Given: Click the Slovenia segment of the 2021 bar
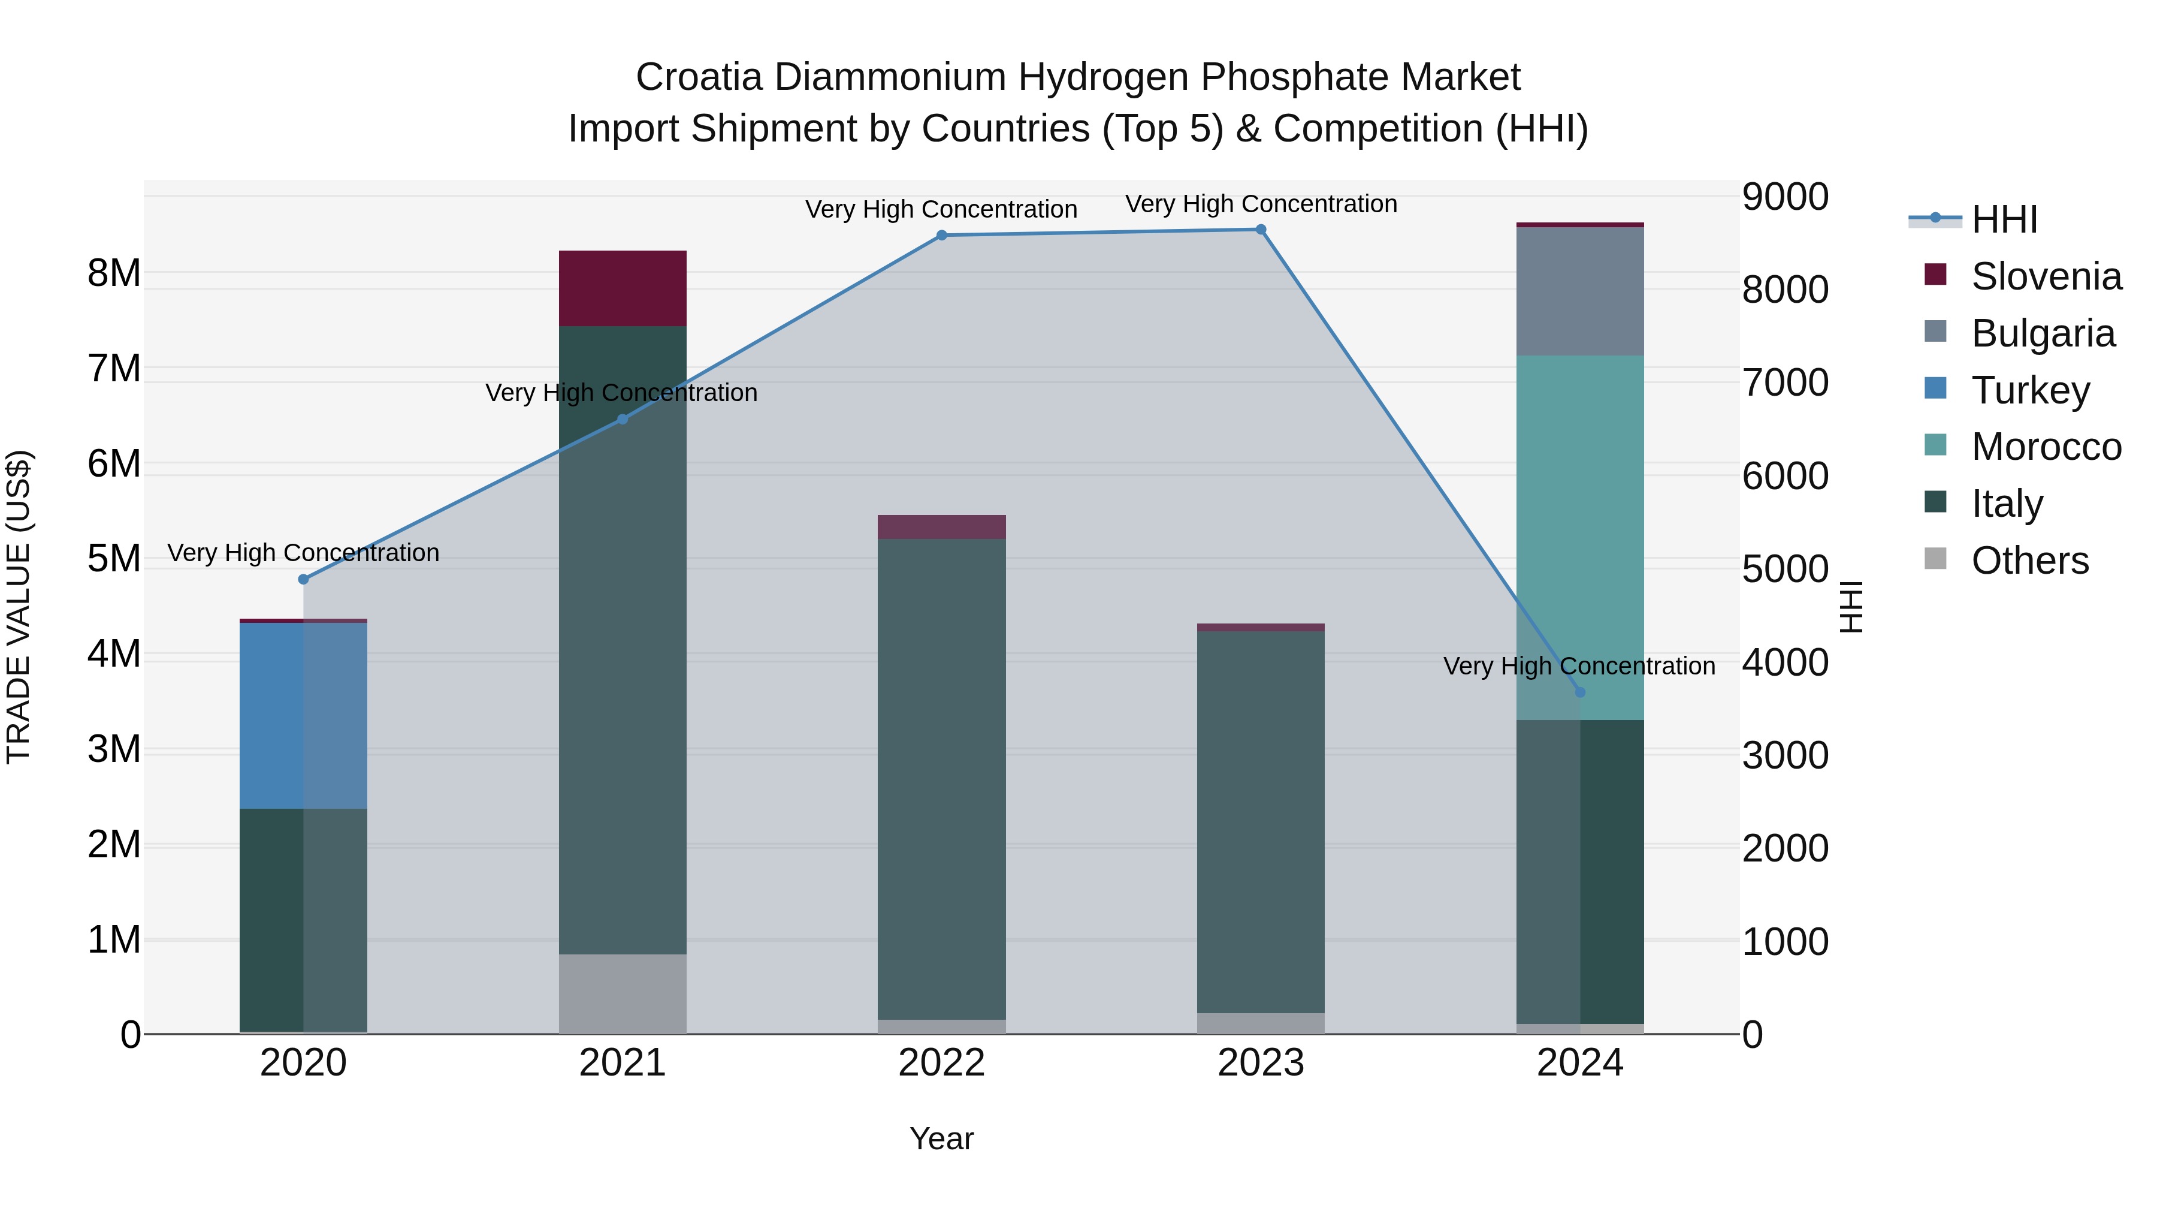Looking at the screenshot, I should (x=622, y=288).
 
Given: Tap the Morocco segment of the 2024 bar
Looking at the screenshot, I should (x=1579, y=536).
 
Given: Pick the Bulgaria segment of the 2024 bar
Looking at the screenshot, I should (x=1579, y=291).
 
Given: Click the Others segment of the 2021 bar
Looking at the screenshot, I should (x=622, y=993).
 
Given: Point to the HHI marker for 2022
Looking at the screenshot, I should (x=941, y=236).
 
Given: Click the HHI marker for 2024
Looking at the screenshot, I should (x=1580, y=692).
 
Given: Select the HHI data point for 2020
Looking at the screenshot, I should (x=303, y=579).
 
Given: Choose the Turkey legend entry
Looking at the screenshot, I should (x=2030, y=390).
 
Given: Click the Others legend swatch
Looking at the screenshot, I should (x=1936, y=559).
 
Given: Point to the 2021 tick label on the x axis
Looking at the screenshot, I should (x=622, y=1063).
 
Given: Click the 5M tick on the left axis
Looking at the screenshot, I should (x=114, y=559).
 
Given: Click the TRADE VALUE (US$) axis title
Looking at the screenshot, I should (x=19, y=607).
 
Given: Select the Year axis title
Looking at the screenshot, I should (x=941, y=1138).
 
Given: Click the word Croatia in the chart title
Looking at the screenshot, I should (x=699, y=77).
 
